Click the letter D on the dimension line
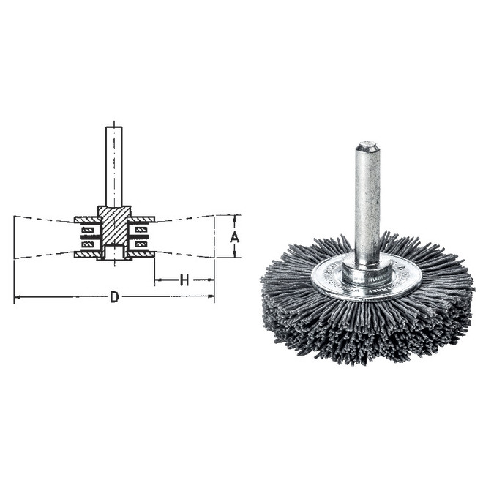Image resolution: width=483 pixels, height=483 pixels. [114, 297]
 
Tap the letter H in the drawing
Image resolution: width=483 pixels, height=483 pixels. [184, 280]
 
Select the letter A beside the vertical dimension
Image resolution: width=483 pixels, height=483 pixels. [234, 236]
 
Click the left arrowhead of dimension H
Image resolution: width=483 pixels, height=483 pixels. [157, 280]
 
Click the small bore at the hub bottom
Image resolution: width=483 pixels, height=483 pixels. [113, 253]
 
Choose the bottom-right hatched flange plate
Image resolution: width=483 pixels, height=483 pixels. [141, 255]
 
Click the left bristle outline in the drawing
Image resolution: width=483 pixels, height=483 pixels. [44, 236]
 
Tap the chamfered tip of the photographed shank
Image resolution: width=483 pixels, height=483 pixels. [368, 146]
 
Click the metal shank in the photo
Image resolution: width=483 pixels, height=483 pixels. [367, 205]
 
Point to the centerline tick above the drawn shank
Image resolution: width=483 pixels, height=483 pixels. [113, 121]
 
